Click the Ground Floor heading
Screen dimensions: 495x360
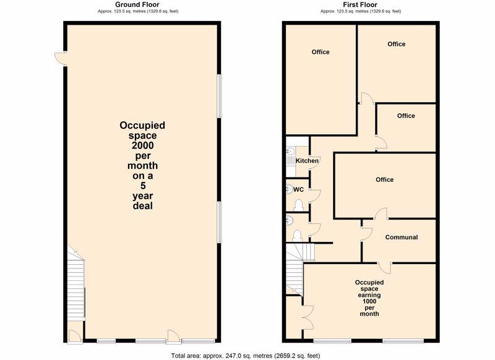(137, 4)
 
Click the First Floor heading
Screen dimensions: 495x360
(360, 4)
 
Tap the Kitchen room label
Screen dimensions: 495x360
(307, 161)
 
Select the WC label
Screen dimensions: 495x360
(298, 190)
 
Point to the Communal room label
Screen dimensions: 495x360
(401, 238)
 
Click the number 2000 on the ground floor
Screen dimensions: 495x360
(143, 145)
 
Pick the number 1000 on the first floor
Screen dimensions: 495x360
(369, 301)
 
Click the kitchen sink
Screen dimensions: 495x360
(290, 156)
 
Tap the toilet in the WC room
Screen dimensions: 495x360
(298, 205)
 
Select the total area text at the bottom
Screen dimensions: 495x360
(245, 356)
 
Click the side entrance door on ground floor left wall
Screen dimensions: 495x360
(61, 59)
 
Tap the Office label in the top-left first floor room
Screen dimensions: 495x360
(321, 52)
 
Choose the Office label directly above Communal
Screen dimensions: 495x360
(384, 179)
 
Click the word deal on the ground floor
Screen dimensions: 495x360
(143, 206)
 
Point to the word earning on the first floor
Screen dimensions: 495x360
(369, 295)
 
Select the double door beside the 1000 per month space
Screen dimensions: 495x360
(308, 318)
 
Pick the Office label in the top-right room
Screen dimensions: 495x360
(397, 44)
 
